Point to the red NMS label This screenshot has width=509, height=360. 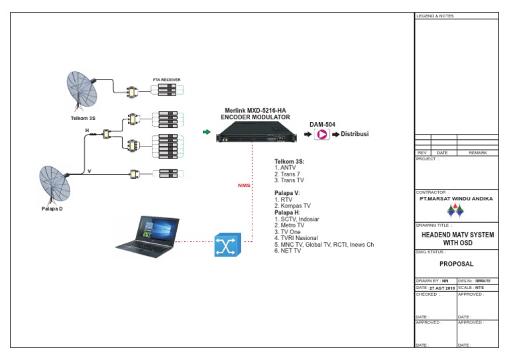(244, 186)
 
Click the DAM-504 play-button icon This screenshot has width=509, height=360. (322, 135)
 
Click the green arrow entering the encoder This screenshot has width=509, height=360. (206, 133)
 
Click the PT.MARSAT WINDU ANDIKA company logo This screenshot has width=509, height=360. (455, 211)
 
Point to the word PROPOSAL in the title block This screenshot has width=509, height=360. (456, 263)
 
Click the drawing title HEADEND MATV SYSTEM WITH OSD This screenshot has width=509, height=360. (456, 239)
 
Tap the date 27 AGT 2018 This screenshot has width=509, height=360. (441, 288)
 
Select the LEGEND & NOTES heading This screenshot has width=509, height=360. (435, 16)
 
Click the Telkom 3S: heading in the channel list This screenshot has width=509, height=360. (289, 161)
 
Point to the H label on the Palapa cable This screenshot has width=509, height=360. (86, 131)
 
